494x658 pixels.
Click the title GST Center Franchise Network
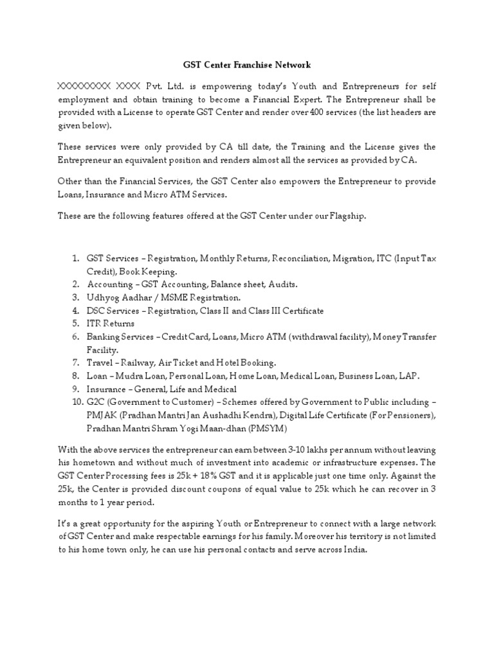[248, 64]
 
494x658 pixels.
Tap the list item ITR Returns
[111, 324]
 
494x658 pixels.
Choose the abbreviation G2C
[97, 402]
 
